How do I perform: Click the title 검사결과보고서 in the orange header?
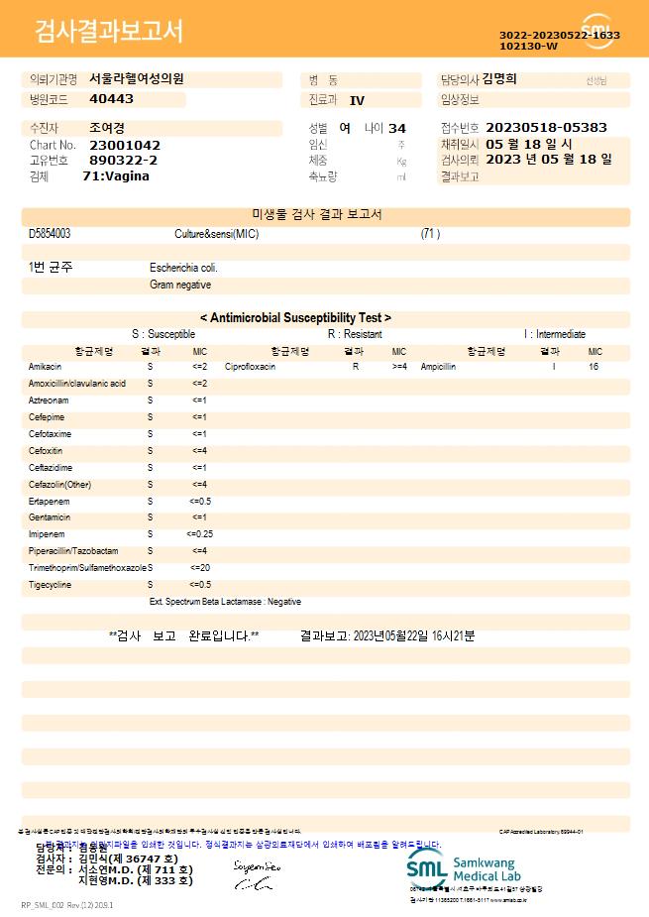[x=109, y=32]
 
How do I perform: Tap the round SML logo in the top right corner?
[x=598, y=31]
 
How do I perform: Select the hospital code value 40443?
[x=111, y=99]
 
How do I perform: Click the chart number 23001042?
[x=124, y=145]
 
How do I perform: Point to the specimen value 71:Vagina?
[x=116, y=175]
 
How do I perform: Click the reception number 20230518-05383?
[x=547, y=128]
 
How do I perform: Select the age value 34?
[x=397, y=129]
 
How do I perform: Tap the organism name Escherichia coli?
[x=183, y=268]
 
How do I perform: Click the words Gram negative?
[x=180, y=285]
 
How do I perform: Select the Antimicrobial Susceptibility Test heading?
[x=295, y=318]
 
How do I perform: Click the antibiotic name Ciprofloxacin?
[x=250, y=367]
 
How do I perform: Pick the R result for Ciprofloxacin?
[x=356, y=367]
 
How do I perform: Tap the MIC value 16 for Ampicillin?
[x=594, y=367]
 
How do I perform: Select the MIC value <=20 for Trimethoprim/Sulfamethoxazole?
[x=199, y=568]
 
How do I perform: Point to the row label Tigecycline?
[x=50, y=585]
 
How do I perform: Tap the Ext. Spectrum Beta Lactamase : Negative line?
[x=225, y=602]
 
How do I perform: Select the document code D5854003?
[x=50, y=234]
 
